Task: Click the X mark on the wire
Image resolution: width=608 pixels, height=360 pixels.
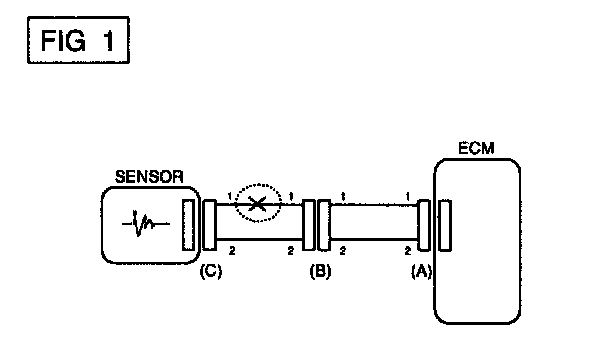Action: [257, 204]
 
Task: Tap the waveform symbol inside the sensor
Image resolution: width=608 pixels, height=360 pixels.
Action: [145, 223]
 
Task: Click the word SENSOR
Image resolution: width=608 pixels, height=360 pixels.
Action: [149, 177]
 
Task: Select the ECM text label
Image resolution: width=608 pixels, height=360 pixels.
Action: [476, 148]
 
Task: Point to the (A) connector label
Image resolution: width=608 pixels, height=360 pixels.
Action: [421, 271]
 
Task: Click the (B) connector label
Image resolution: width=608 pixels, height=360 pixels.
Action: [320, 271]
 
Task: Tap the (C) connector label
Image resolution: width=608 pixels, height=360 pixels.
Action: [211, 271]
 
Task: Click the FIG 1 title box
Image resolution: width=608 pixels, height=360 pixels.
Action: [78, 40]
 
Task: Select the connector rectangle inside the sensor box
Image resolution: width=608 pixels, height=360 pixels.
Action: [188, 225]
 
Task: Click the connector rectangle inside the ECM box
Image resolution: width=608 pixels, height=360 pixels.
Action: [445, 225]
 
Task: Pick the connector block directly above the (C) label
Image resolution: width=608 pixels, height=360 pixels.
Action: [210, 225]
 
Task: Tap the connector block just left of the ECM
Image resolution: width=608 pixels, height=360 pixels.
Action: [424, 225]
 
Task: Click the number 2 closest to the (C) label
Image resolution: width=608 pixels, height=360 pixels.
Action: [232, 251]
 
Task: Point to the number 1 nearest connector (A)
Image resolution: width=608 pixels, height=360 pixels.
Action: [408, 197]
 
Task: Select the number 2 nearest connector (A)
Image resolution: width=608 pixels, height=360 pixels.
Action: [408, 251]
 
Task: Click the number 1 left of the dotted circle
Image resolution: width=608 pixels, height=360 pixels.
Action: [230, 197]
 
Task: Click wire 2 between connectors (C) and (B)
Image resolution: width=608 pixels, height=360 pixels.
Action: [259, 239]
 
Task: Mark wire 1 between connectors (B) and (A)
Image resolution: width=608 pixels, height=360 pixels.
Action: [374, 205]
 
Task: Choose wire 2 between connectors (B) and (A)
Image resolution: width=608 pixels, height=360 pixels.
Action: [374, 239]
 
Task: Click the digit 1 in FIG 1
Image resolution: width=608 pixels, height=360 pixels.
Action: [109, 41]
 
